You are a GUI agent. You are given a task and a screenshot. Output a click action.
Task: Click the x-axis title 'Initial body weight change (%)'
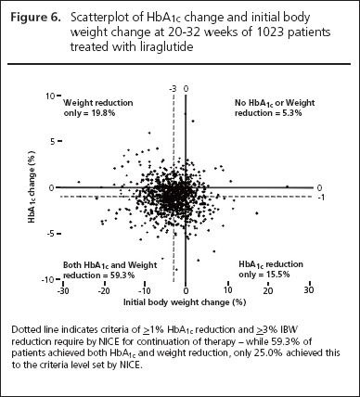(x=185, y=302)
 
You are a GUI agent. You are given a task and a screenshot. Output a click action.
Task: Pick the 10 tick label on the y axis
(x=50, y=96)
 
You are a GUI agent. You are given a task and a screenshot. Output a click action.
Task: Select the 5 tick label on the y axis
(x=53, y=142)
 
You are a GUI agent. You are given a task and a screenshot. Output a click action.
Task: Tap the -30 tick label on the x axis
(x=63, y=290)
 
